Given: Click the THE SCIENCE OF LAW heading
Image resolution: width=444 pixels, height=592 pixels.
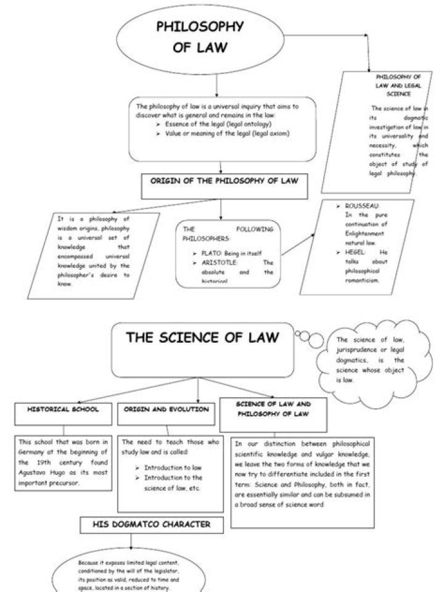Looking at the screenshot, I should pos(202,338).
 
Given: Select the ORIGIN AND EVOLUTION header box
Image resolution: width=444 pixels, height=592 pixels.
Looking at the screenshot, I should pos(166,409).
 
